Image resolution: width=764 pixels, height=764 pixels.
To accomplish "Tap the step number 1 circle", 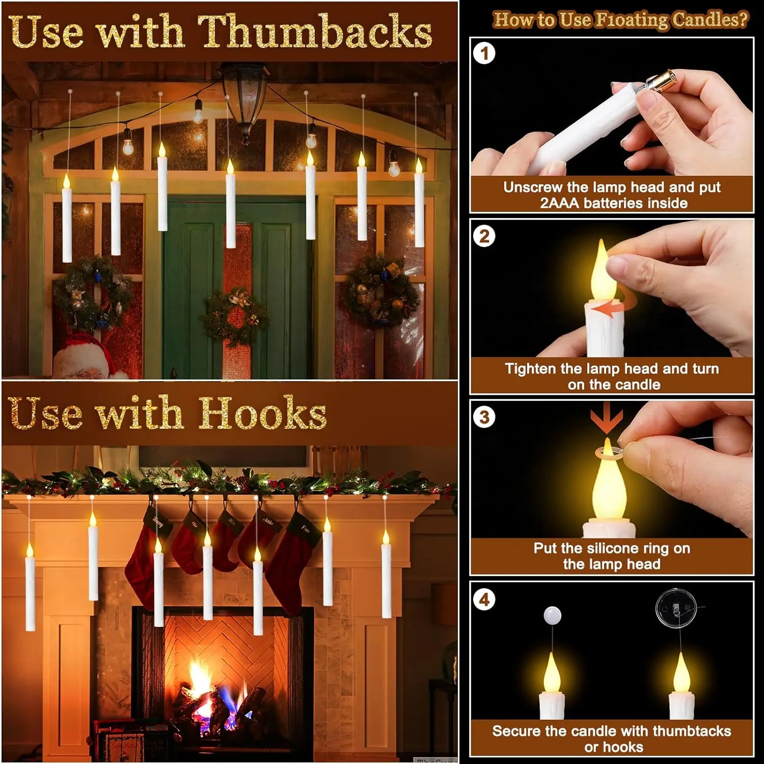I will pos(484,53).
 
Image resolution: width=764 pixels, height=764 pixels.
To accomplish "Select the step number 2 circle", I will pos(484,236).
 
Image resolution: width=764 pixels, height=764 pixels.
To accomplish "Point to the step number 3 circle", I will pos(484,418).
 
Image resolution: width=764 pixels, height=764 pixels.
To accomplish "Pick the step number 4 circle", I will pos(484,600).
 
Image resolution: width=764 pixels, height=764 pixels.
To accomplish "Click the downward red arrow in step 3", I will pos(607,421).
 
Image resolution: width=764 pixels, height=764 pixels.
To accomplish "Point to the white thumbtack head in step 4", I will pos(553,615).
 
